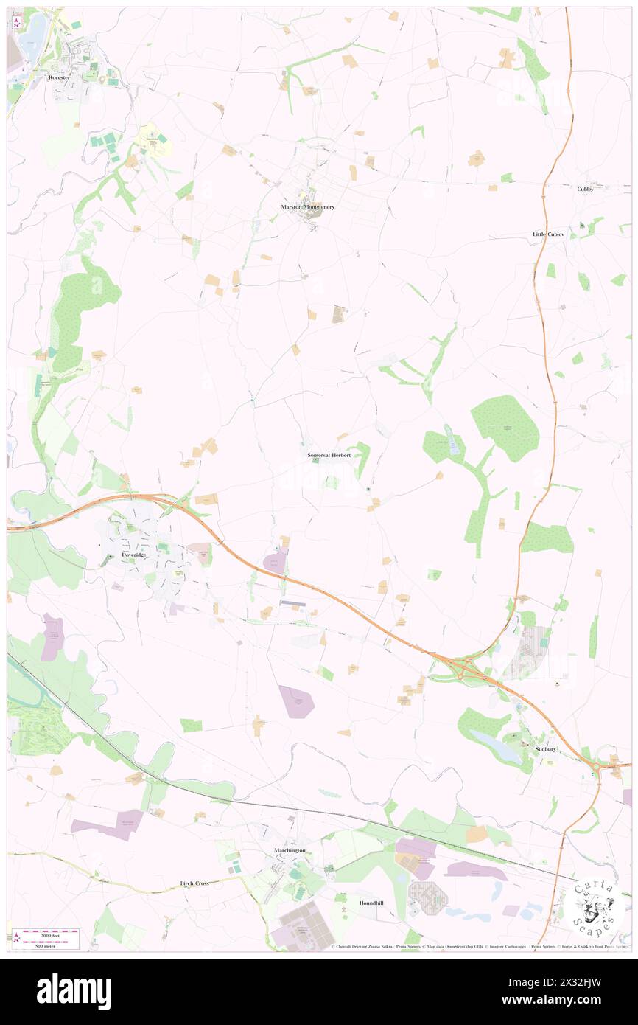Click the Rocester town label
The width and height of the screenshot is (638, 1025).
60,77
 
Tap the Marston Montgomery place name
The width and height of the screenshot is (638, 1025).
307,207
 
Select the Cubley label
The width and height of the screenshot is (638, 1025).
585,189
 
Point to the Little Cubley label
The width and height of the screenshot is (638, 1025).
548,234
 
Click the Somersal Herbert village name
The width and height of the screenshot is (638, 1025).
329,456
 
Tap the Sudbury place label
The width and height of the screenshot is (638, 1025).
546,749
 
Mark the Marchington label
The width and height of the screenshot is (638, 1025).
285,850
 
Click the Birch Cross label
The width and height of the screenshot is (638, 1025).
195,883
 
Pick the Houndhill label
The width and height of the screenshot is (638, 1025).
371,903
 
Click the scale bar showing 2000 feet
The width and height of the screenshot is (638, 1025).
46,933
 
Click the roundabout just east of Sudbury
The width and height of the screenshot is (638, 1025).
595,768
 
